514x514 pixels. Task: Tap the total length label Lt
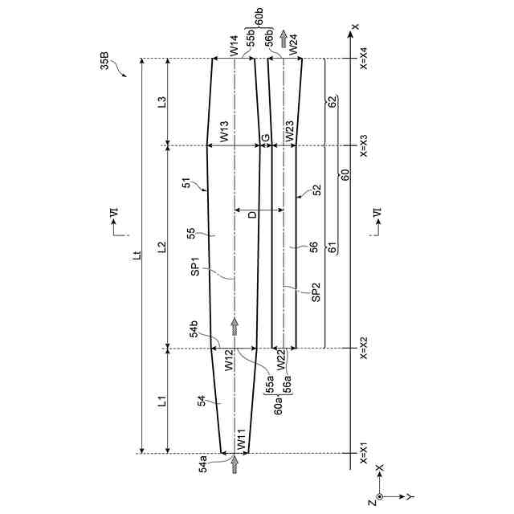(138, 255)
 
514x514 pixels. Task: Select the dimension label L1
(162, 402)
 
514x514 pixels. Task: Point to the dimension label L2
(162, 247)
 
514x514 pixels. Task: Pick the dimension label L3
(162, 102)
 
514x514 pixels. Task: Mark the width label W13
(224, 132)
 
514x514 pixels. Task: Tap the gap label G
(266, 137)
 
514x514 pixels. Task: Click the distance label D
(253, 215)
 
